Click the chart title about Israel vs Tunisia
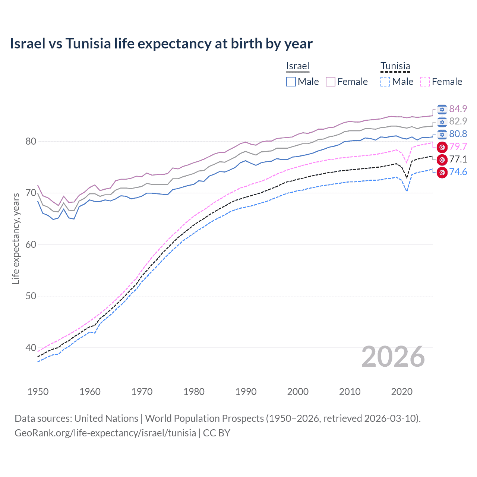point(161,44)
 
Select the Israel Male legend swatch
point(291,82)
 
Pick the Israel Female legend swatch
point(331,82)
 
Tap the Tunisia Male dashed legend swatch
point(385,82)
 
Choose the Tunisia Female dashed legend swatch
point(425,82)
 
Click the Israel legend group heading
point(298,66)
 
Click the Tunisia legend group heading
point(395,66)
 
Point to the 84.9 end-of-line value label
point(458,109)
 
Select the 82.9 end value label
point(458,121)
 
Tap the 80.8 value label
point(458,134)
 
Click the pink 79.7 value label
point(458,147)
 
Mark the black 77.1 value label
point(458,159)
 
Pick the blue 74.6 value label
point(458,172)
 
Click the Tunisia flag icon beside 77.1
point(442,160)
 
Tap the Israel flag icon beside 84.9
point(442,109)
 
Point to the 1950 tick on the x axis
point(38,392)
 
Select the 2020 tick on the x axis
point(402,392)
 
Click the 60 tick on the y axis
point(31,244)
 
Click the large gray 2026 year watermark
point(393,357)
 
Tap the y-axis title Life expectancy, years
point(16,238)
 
